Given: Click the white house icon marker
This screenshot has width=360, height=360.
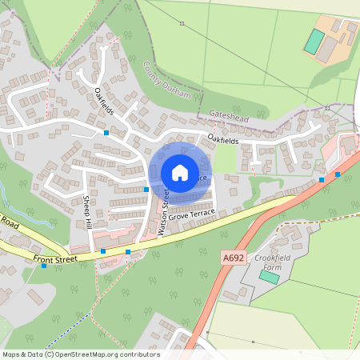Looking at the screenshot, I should coord(180,173).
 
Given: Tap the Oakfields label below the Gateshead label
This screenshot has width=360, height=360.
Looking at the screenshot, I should coord(223,141).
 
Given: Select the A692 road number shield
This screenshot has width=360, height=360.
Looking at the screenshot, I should coord(232,257).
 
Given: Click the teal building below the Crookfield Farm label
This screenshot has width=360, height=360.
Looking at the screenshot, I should coord(269,276).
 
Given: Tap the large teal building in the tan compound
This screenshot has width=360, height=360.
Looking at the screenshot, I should coord(314,42).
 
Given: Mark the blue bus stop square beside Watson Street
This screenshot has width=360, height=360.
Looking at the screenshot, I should coord(146,189).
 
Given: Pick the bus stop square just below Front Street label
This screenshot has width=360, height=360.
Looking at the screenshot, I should coord(44,266).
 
